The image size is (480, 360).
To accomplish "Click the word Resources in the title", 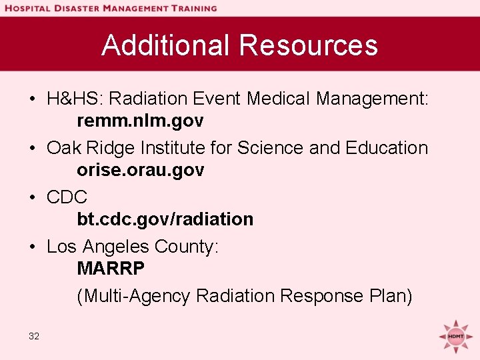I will [x=308, y=45].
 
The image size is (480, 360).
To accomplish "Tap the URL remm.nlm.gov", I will [x=140, y=121].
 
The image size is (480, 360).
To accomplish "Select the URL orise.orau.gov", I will [x=140, y=170].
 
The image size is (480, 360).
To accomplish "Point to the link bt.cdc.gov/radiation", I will [x=165, y=219].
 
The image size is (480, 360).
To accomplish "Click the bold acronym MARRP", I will [x=111, y=269].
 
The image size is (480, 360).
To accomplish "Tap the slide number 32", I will [x=34, y=336].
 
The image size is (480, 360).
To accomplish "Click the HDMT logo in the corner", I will [x=456, y=336].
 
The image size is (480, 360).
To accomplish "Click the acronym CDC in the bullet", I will [x=67, y=197].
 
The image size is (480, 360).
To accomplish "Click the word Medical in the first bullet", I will [x=279, y=99].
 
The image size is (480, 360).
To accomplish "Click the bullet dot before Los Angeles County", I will [x=32, y=247].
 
